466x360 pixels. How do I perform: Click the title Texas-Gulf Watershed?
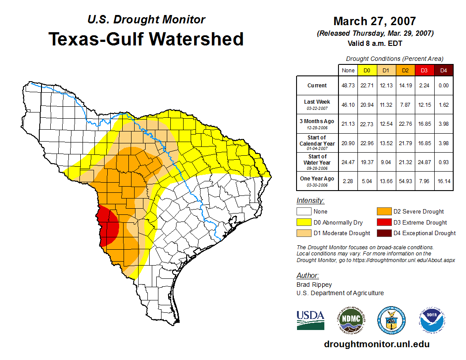pyautogui.click(x=146, y=39)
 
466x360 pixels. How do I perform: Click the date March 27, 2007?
pyautogui.click(x=375, y=21)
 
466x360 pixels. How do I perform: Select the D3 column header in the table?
pyautogui.click(x=424, y=70)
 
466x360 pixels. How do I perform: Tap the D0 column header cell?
pyautogui.click(x=367, y=70)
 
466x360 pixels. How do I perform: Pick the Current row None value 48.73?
pyautogui.click(x=348, y=86)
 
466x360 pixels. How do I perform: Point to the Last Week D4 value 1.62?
pyautogui.click(x=443, y=105)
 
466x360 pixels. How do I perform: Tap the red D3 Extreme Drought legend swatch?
pyautogui.click(x=384, y=222)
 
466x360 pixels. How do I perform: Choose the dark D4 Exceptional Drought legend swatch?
pyautogui.click(x=384, y=233)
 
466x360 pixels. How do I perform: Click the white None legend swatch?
pyautogui.click(x=304, y=212)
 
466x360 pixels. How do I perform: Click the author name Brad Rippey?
pyautogui.click(x=314, y=285)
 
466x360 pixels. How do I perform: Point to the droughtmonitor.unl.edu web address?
pyautogui.click(x=376, y=344)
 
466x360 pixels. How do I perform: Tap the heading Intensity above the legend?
pyautogui.click(x=310, y=201)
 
